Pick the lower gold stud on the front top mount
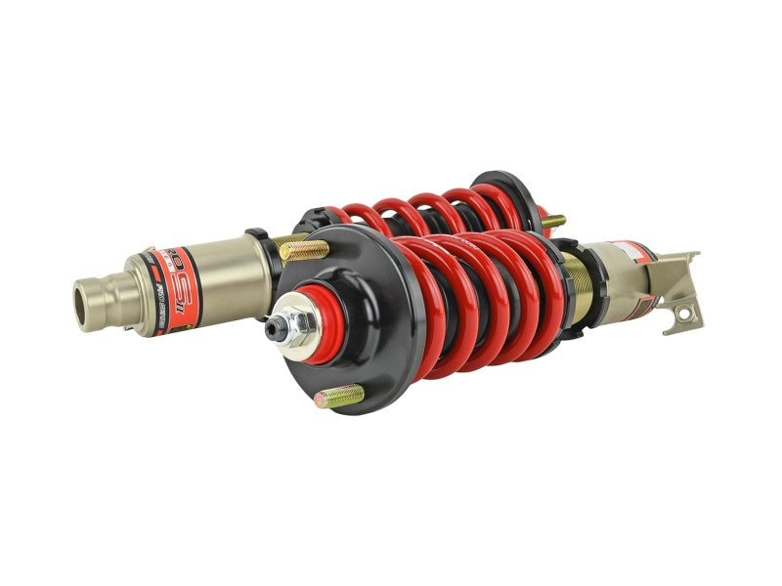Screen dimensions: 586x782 tap(339, 396)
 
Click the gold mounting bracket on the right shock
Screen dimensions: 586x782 tap(674, 288)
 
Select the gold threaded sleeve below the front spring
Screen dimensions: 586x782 tap(579, 293)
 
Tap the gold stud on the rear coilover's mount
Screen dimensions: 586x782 tap(553, 222)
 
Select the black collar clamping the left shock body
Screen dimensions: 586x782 tap(258, 264)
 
